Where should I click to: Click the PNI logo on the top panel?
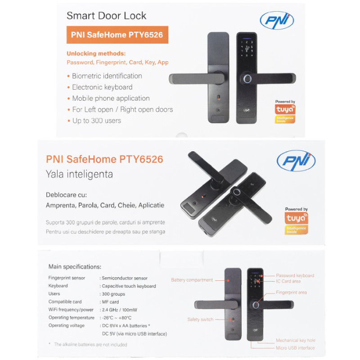277,20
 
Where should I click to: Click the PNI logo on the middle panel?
296,161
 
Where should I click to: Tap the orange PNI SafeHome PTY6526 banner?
117,35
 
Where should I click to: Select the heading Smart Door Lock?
107,16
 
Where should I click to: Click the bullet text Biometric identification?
107,76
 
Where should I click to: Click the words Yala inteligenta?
79,174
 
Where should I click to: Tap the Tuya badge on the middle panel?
297,220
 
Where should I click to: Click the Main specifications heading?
75,266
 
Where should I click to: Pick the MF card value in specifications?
111,302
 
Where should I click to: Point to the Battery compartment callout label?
192,280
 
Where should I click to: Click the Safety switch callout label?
200,319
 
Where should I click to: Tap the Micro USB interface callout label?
295,348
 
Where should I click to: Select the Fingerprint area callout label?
292,292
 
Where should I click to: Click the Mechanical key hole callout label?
296,341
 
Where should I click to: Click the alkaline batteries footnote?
90,345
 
